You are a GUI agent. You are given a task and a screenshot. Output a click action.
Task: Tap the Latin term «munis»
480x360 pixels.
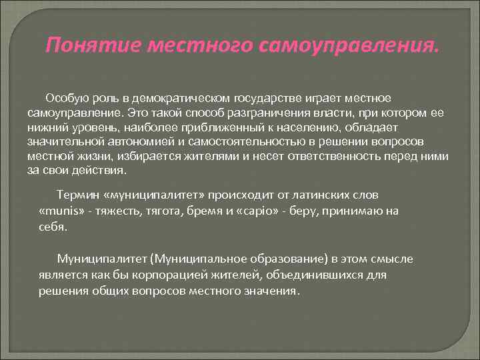(62, 211)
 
